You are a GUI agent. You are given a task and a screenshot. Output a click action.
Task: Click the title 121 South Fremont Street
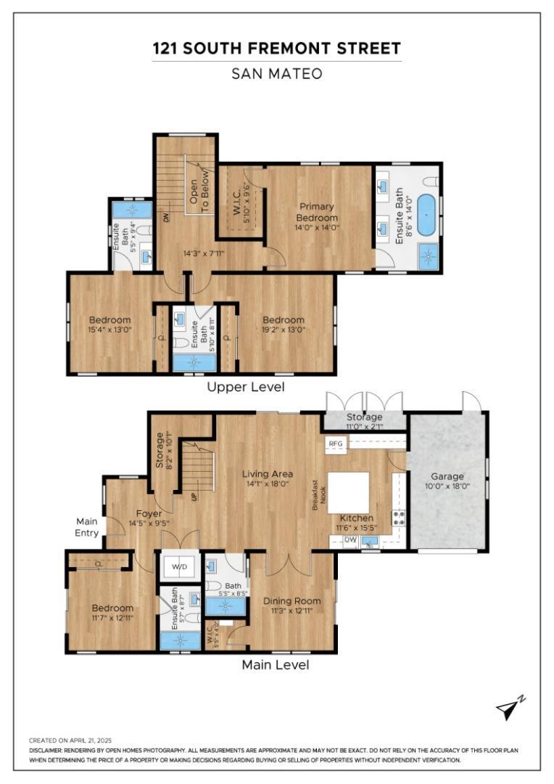point(276,49)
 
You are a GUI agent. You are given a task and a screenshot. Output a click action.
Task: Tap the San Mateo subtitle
point(276,73)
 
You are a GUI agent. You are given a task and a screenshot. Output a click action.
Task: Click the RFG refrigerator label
point(336,443)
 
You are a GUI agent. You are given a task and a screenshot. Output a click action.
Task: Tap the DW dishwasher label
point(350,539)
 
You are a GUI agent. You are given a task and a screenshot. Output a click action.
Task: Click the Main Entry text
point(87,527)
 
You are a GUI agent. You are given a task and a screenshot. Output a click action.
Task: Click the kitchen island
point(349,493)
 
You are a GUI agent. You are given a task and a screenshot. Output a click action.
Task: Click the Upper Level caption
point(246,387)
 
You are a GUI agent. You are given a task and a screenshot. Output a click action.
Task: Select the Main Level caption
point(275,665)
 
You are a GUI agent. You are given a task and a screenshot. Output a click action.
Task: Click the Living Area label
point(268,474)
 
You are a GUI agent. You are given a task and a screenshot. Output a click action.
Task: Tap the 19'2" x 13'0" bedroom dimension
point(283,330)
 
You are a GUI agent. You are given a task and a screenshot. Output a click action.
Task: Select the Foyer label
point(149,513)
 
